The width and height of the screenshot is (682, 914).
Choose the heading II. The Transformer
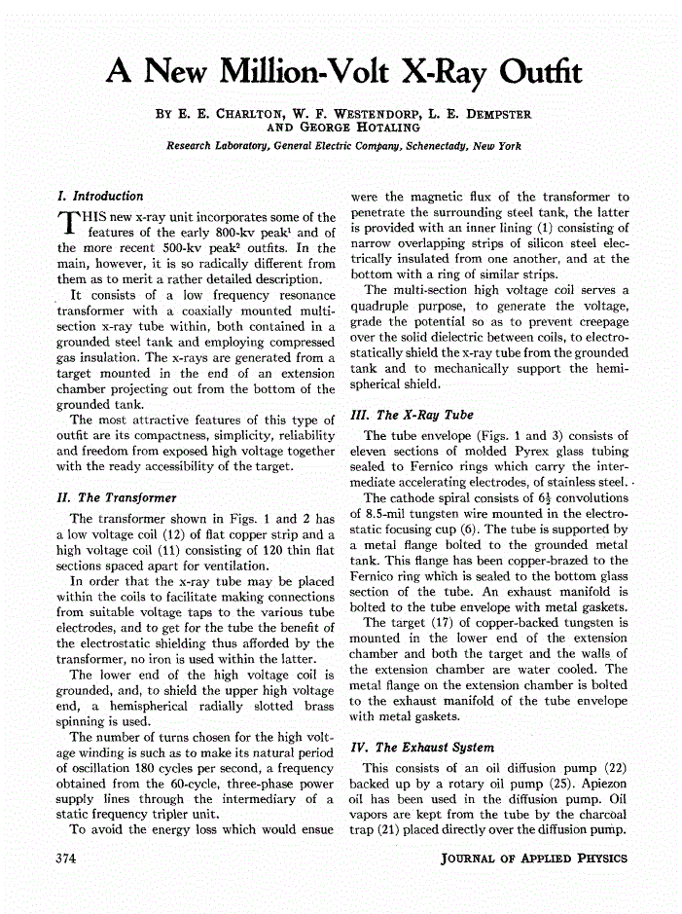[x=117, y=497]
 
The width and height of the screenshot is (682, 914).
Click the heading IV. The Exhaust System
[x=421, y=748]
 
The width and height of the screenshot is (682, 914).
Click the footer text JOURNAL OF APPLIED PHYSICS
[x=534, y=859]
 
